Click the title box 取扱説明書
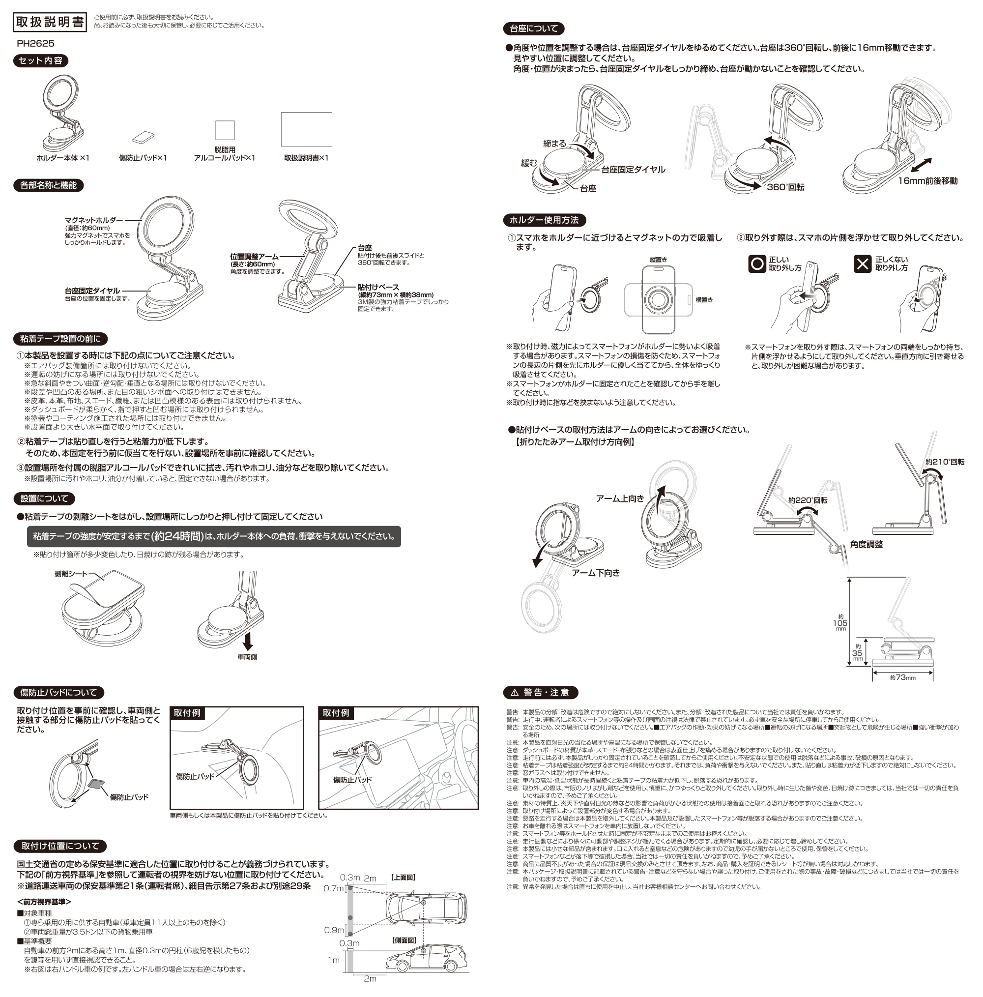[50, 22]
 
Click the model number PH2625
[35, 43]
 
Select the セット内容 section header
[40, 60]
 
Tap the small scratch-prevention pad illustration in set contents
[143, 137]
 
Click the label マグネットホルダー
[94, 220]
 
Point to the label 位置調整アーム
[254, 257]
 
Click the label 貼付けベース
[378, 287]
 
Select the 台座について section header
[534, 29]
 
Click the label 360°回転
[785, 187]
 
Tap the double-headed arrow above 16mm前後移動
[921, 166]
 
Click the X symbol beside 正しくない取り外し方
[862, 264]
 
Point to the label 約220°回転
[808, 500]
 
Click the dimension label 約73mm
[902, 677]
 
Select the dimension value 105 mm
[840, 623]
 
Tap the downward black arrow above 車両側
[248, 641]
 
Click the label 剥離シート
[71, 574]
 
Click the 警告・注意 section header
[540, 693]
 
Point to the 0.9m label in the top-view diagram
[334, 930]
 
